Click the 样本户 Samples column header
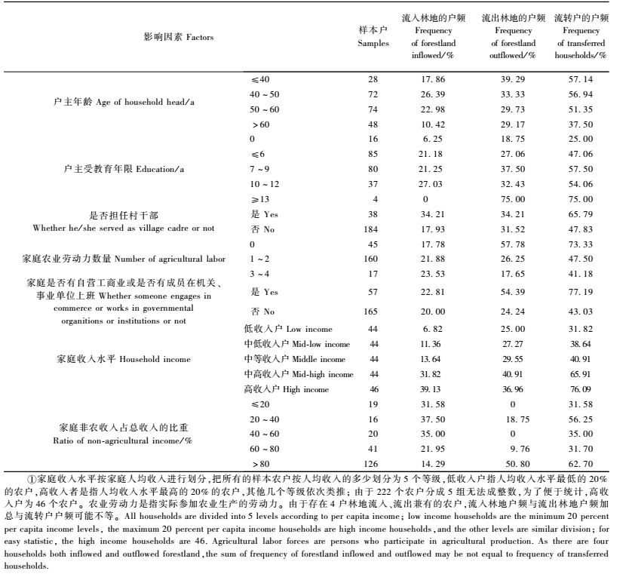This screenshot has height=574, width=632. pos(373,36)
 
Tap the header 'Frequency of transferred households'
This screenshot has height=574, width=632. pos(581,36)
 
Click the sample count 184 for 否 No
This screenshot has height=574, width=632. pos(373,229)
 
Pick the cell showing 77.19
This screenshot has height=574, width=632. pos(581,291)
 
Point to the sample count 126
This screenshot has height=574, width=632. pos(373,464)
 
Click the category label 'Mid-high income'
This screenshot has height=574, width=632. pos(299,374)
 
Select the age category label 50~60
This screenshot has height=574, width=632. pos(264,109)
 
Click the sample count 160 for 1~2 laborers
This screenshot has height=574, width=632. pos(373,259)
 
